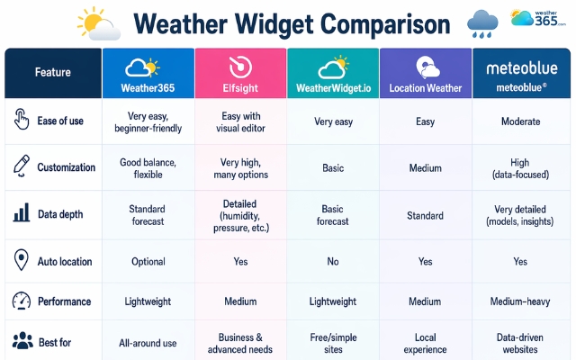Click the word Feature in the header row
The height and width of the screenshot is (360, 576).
click(52, 72)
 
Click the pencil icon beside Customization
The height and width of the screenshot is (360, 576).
click(22, 166)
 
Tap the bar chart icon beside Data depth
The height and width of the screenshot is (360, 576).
click(22, 214)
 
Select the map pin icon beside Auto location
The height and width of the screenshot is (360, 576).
click(22, 261)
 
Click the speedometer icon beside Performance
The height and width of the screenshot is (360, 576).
click(22, 302)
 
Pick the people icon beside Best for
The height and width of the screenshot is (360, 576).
click(22, 342)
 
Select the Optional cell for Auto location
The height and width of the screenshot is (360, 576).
click(148, 262)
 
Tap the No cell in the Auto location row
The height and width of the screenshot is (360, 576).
click(333, 262)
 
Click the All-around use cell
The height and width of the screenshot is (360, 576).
click(148, 343)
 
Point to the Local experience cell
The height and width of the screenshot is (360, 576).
click(426, 343)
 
